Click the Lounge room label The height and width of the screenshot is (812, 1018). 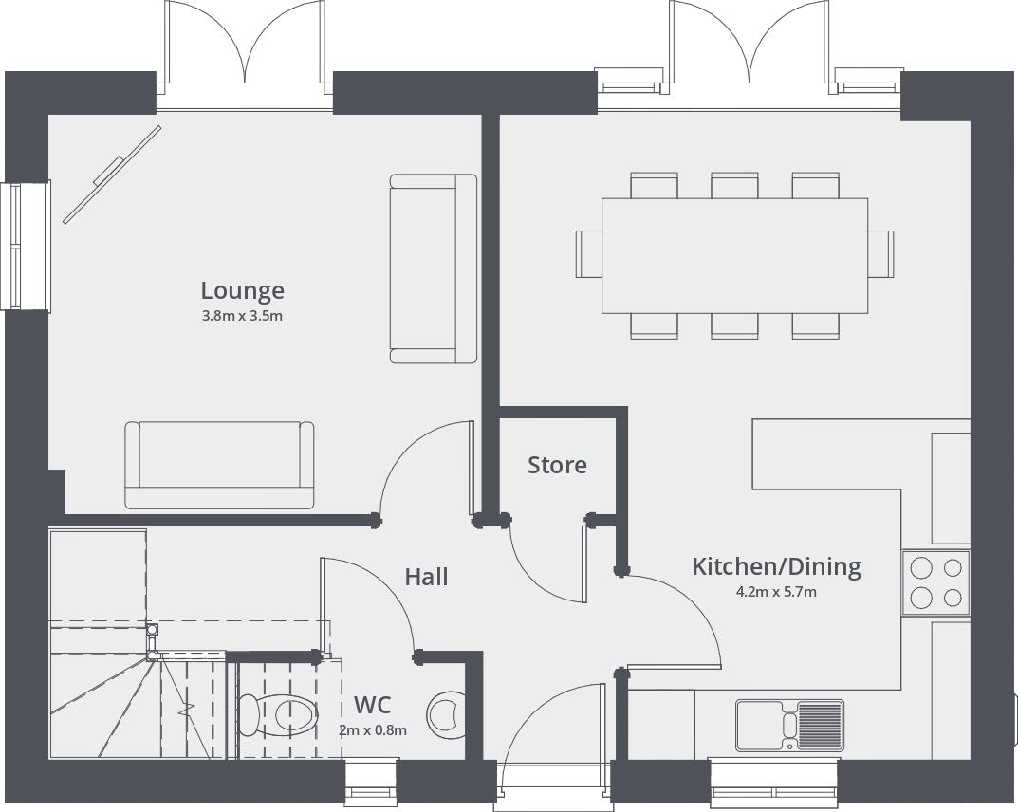coord(242,290)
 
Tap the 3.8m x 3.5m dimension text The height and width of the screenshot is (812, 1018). coord(242,316)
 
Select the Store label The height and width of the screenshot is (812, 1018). coord(557,465)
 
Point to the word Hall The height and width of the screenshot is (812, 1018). coord(426,577)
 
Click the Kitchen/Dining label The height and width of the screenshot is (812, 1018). coord(776,566)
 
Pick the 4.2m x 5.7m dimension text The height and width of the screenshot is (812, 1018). coord(776,592)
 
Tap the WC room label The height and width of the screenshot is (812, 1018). coord(372,705)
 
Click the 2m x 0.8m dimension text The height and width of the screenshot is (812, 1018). coord(372,730)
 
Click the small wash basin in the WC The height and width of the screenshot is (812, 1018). coord(447,714)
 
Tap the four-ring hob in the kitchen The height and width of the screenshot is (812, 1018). coord(935,582)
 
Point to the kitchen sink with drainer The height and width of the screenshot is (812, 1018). coord(789,726)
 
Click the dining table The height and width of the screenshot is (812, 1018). coord(734,254)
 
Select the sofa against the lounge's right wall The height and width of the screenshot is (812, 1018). coord(433,268)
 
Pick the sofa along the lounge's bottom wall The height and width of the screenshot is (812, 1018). coord(219,465)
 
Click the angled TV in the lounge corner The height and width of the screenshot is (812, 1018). coord(111,175)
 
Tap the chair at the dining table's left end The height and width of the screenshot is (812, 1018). coord(588,253)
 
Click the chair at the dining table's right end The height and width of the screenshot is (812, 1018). coord(881,253)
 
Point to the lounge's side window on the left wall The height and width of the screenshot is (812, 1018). coord(26,246)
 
